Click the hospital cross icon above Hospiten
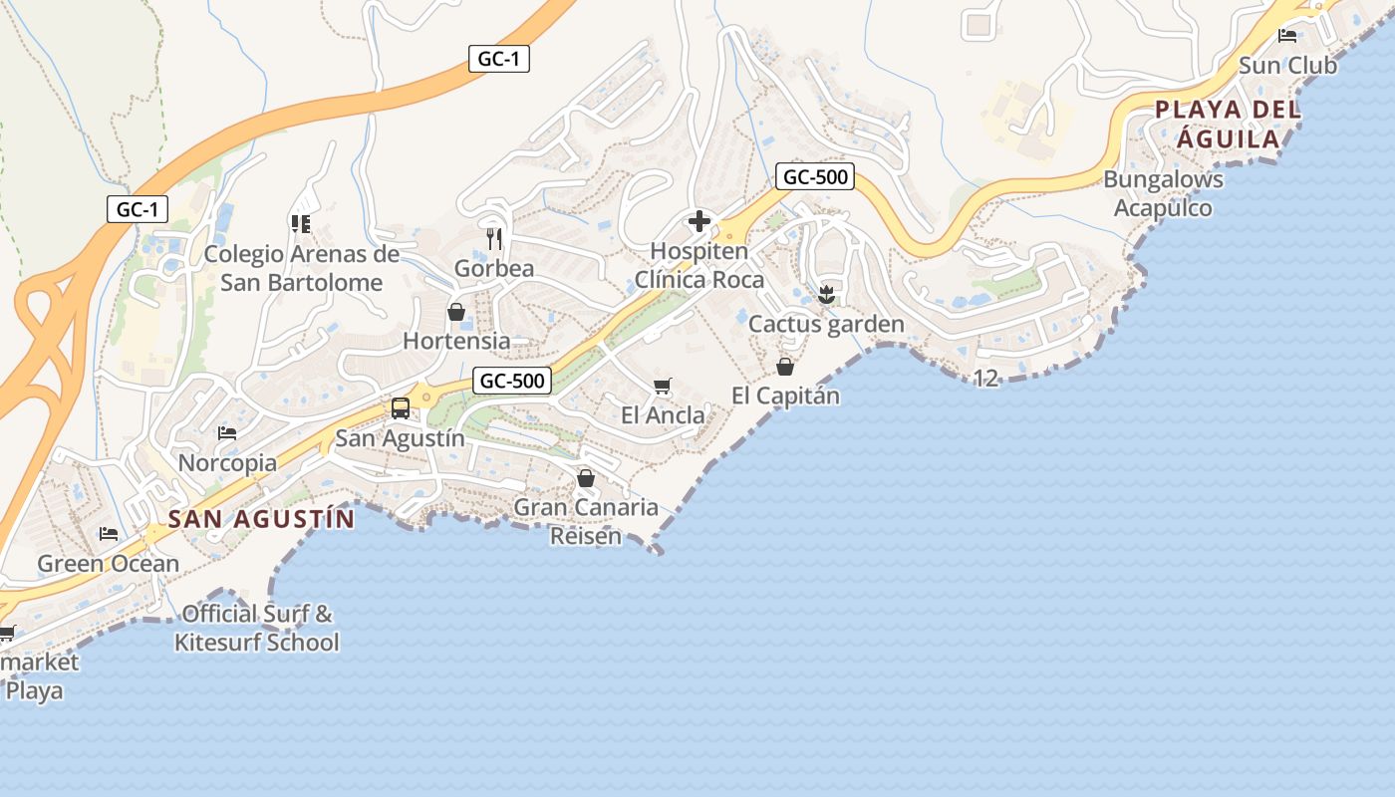pyautogui.click(x=699, y=220)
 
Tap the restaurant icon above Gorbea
pyautogui.click(x=494, y=238)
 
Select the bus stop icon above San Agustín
pyautogui.click(x=400, y=407)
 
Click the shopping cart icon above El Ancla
pyautogui.click(x=663, y=386)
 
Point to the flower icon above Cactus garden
pyautogui.click(x=825, y=294)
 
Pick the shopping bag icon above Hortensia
pyautogui.click(x=456, y=312)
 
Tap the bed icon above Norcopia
pyautogui.click(x=227, y=433)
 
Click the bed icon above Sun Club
pyautogui.click(x=1287, y=36)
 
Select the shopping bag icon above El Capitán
pyautogui.click(x=785, y=367)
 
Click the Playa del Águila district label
pyautogui.click(x=1228, y=124)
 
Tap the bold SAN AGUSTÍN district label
pyautogui.click(x=261, y=519)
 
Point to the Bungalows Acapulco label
pyautogui.click(x=1163, y=193)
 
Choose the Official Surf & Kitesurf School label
pyautogui.click(x=257, y=628)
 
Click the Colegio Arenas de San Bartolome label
pyautogui.click(x=301, y=268)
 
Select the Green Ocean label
pyautogui.click(x=108, y=564)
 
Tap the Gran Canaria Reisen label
pyautogui.click(x=586, y=521)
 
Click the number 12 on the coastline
pyautogui.click(x=984, y=378)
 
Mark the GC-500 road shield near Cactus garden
pyautogui.click(x=815, y=177)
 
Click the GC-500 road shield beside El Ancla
pyautogui.click(x=512, y=381)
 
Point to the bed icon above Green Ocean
pyautogui.click(x=109, y=534)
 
